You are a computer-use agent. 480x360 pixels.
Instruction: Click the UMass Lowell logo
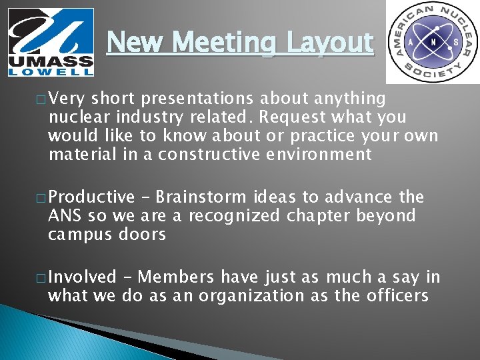pos(51,41)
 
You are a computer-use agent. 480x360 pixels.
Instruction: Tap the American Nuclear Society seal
pos(432,41)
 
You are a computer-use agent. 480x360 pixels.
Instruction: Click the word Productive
pos(91,197)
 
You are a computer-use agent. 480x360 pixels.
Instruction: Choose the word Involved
pos(82,277)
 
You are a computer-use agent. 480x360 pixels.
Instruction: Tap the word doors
pos(142,234)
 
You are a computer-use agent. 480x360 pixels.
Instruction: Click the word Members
pos(177,277)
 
